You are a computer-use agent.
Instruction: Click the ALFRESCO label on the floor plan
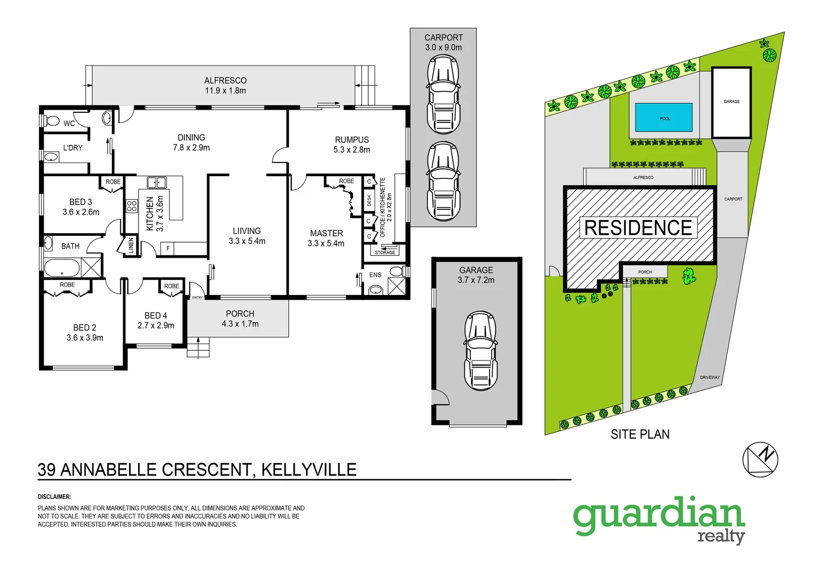(x=225, y=80)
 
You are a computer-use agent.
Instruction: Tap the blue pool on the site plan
(x=664, y=118)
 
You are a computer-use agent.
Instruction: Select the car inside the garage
(x=481, y=351)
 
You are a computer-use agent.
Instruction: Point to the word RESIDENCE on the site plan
(x=638, y=228)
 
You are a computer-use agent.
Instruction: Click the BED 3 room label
(x=80, y=202)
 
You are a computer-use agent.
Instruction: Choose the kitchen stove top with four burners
(x=132, y=206)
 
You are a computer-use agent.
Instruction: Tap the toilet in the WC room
(x=51, y=121)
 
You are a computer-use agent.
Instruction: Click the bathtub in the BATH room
(x=62, y=268)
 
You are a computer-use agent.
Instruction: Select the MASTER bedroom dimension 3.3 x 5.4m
(x=325, y=243)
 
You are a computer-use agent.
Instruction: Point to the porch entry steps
(x=198, y=347)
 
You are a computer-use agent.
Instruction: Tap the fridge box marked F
(x=168, y=248)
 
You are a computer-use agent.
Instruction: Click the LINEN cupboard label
(x=131, y=245)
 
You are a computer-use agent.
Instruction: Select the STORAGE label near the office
(x=385, y=252)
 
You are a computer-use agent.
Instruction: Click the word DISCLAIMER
(x=54, y=497)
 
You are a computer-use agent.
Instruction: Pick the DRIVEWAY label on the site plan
(x=710, y=377)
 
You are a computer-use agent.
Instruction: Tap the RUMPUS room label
(x=352, y=140)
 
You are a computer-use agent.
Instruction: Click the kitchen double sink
(x=157, y=183)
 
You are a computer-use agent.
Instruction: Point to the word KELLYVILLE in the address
(x=308, y=470)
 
